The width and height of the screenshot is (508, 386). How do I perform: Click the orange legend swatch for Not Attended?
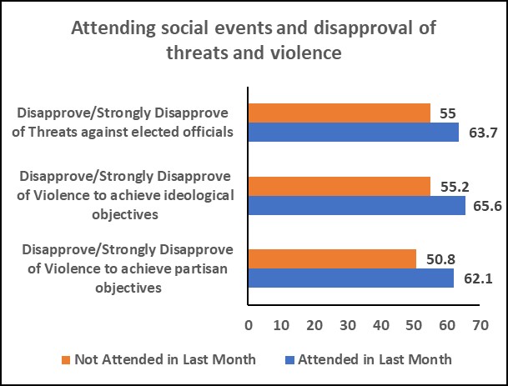coord(66,360)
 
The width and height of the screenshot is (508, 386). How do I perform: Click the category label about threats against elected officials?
coord(128,123)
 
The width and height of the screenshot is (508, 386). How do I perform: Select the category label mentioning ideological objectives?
coord(128,196)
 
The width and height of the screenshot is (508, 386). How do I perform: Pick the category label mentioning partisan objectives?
coord(128,268)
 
